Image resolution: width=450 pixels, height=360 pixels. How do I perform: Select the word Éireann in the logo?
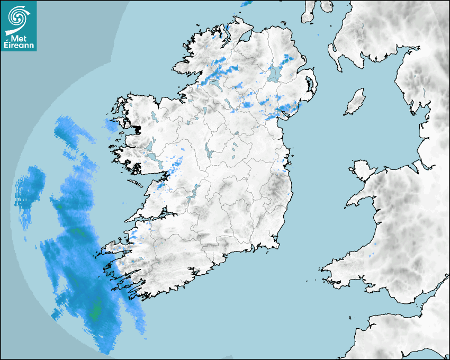(19, 46)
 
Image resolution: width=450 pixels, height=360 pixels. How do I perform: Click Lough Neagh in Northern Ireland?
(275, 73)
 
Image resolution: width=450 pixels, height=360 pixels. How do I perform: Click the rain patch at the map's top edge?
(246, 4)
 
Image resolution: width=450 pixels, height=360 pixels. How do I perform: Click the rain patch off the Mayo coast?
(111, 125)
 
